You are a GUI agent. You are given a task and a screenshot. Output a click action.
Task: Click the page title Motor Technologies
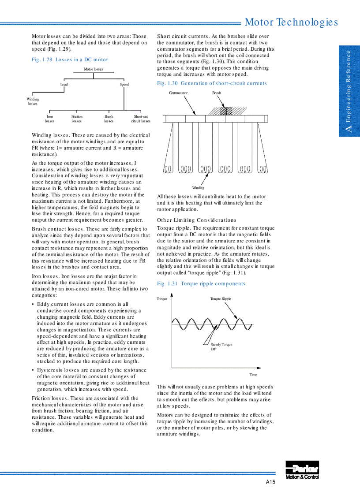(291, 22)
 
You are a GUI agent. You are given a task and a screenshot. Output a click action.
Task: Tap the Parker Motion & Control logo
(302, 470)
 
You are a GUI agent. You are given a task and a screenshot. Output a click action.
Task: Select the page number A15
(270, 482)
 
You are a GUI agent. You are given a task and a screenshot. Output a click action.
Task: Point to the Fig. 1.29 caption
(70, 60)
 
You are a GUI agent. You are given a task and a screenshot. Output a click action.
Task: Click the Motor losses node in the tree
(94, 69)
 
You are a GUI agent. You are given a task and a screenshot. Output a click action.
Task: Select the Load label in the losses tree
(64, 84)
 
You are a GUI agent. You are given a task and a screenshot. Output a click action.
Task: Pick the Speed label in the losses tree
(124, 84)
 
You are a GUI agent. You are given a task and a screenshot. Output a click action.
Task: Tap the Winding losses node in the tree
(33, 102)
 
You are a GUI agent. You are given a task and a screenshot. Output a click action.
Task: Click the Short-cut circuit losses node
(141, 119)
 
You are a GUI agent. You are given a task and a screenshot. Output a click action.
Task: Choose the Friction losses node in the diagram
(77, 119)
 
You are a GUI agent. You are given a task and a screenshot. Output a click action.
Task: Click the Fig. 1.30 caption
(212, 83)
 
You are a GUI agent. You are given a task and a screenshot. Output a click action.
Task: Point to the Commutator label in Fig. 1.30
(178, 93)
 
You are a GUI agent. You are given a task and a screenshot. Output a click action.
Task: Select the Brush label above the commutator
(217, 93)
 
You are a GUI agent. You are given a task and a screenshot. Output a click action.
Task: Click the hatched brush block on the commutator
(226, 111)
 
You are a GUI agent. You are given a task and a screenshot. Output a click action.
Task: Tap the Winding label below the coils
(198, 188)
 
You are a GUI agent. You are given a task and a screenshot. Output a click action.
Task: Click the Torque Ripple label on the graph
(221, 299)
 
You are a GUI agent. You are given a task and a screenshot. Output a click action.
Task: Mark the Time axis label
(253, 375)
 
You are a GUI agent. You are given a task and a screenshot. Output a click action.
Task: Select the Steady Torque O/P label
(221, 346)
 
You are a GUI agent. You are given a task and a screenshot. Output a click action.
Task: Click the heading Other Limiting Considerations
(197, 220)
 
